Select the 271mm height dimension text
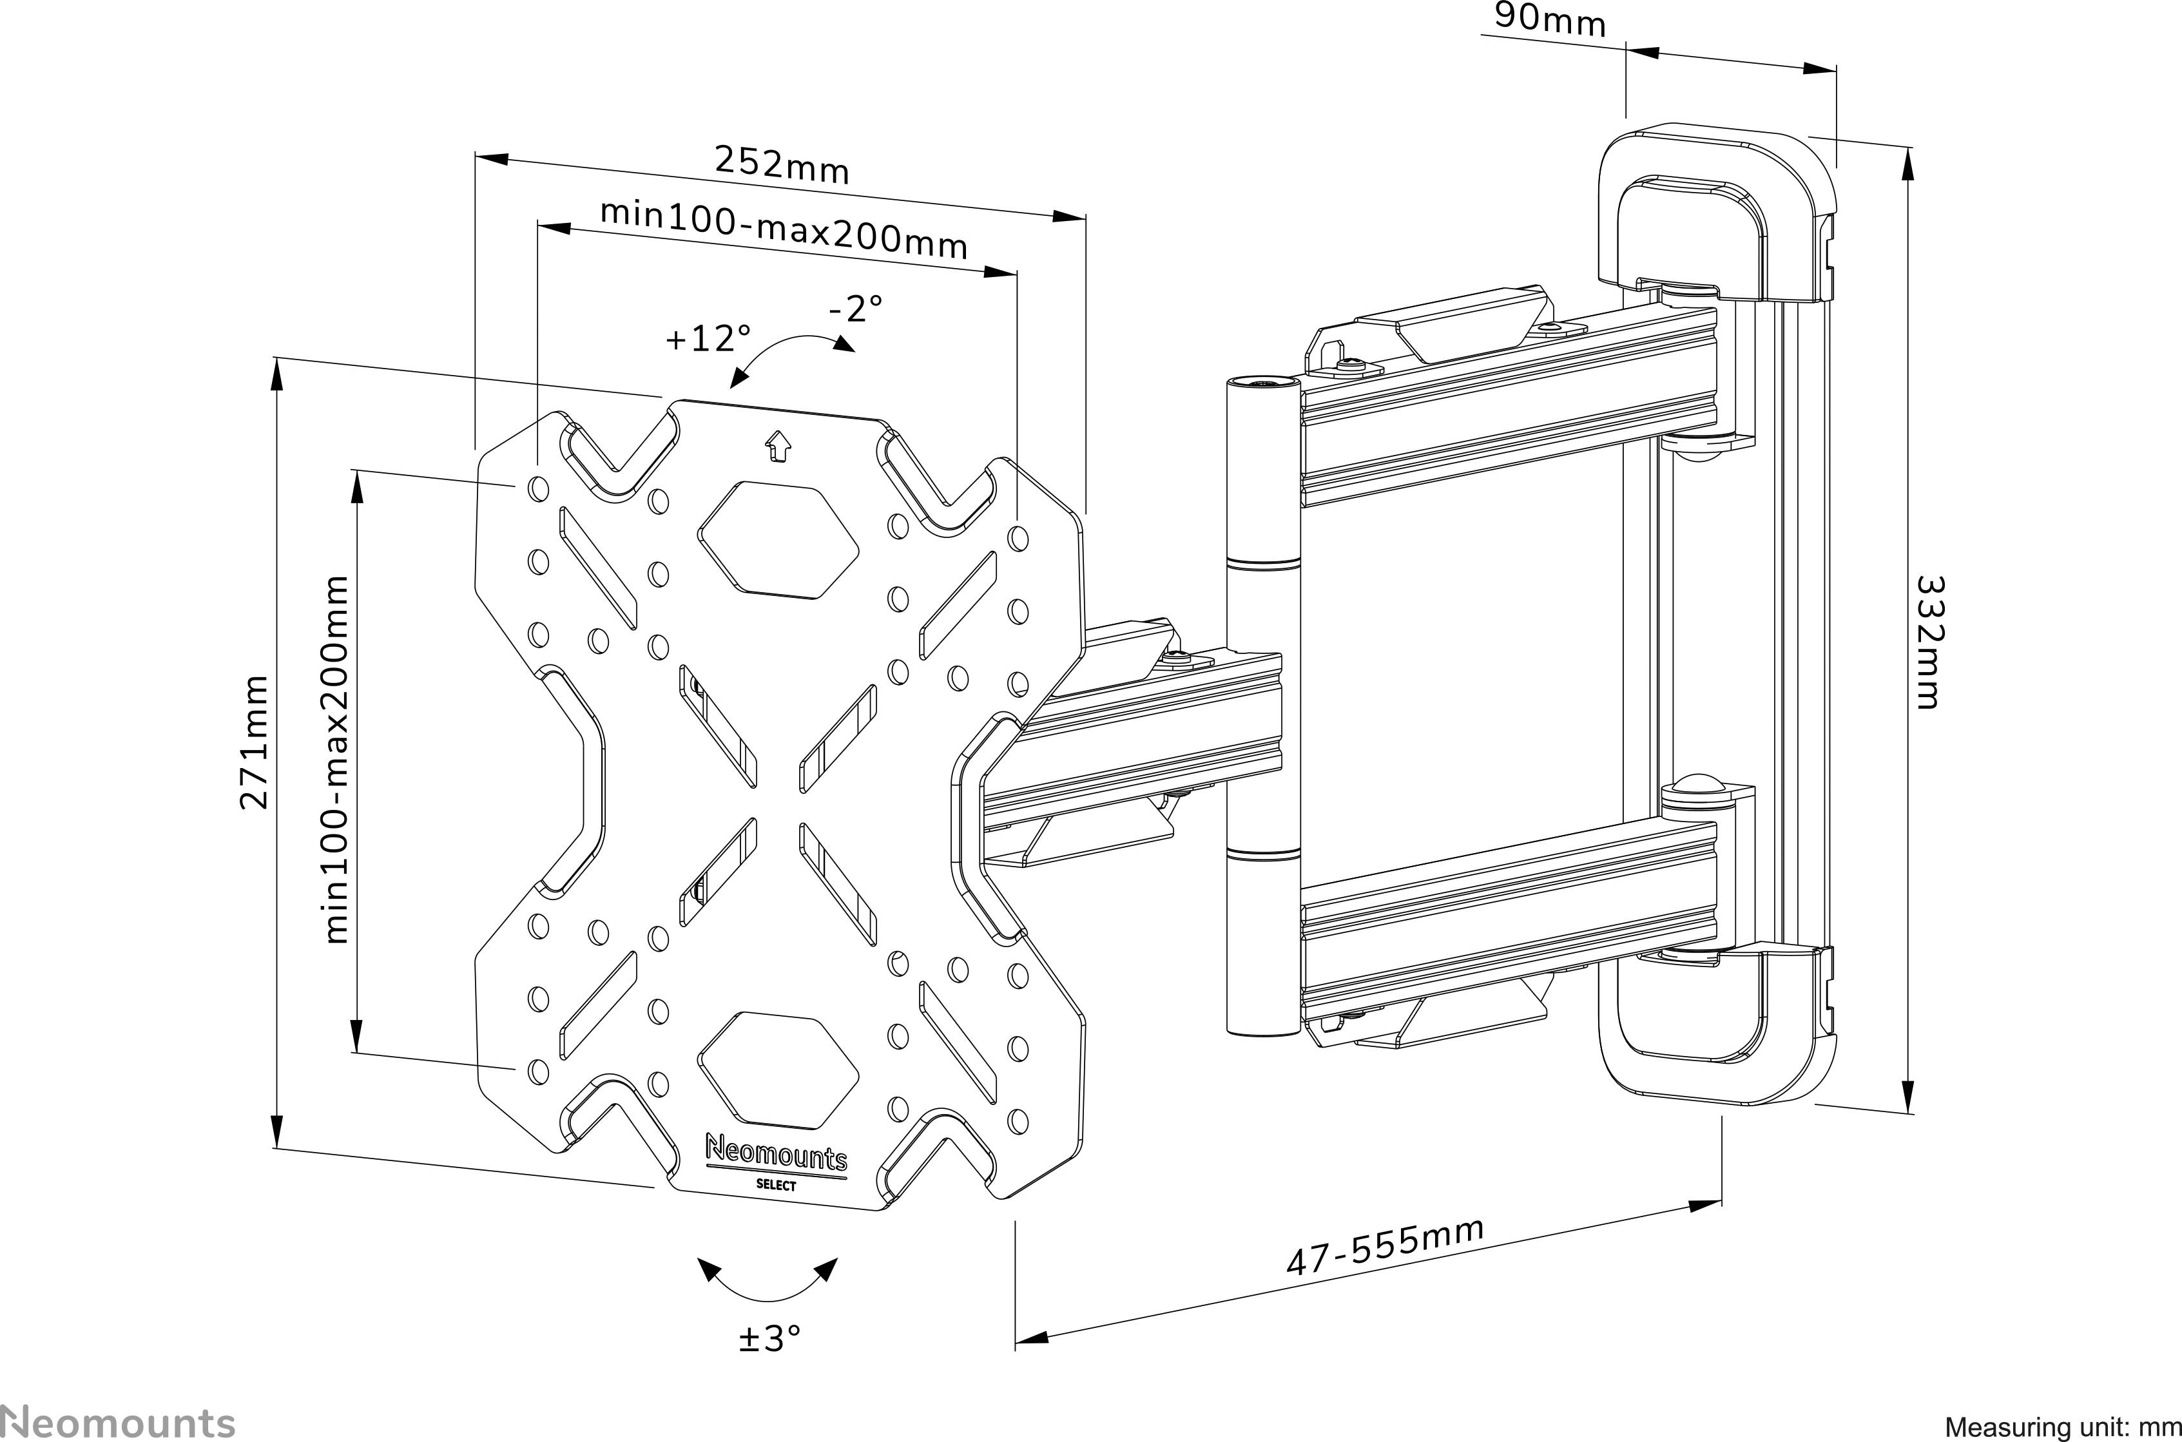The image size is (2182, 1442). [254, 741]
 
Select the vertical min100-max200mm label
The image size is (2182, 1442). [338, 760]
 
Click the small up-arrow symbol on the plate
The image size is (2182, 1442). [778, 447]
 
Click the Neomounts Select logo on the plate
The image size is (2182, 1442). [776, 1162]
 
